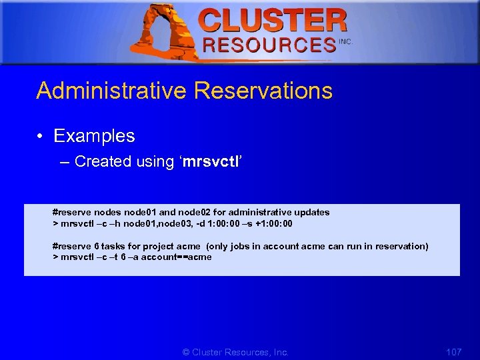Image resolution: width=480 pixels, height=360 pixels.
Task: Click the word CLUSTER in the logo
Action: pyautogui.click(x=273, y=21)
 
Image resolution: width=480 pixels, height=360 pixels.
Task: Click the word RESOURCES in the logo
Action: pyautogui.click(x=269, y=45)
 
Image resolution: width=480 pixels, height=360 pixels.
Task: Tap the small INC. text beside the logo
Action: pyautogui.click(x=345, y=41)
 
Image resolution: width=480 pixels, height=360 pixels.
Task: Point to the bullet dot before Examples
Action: pyautogui.click(x=41, y=136)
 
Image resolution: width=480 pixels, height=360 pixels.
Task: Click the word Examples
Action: pyautogui.click(x=94, y=136)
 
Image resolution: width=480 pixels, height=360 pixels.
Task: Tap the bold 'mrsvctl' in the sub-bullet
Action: pyautogui.click(x=207, y=161)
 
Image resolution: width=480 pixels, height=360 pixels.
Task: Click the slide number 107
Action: pyautogui.click(x=453, y=351)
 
